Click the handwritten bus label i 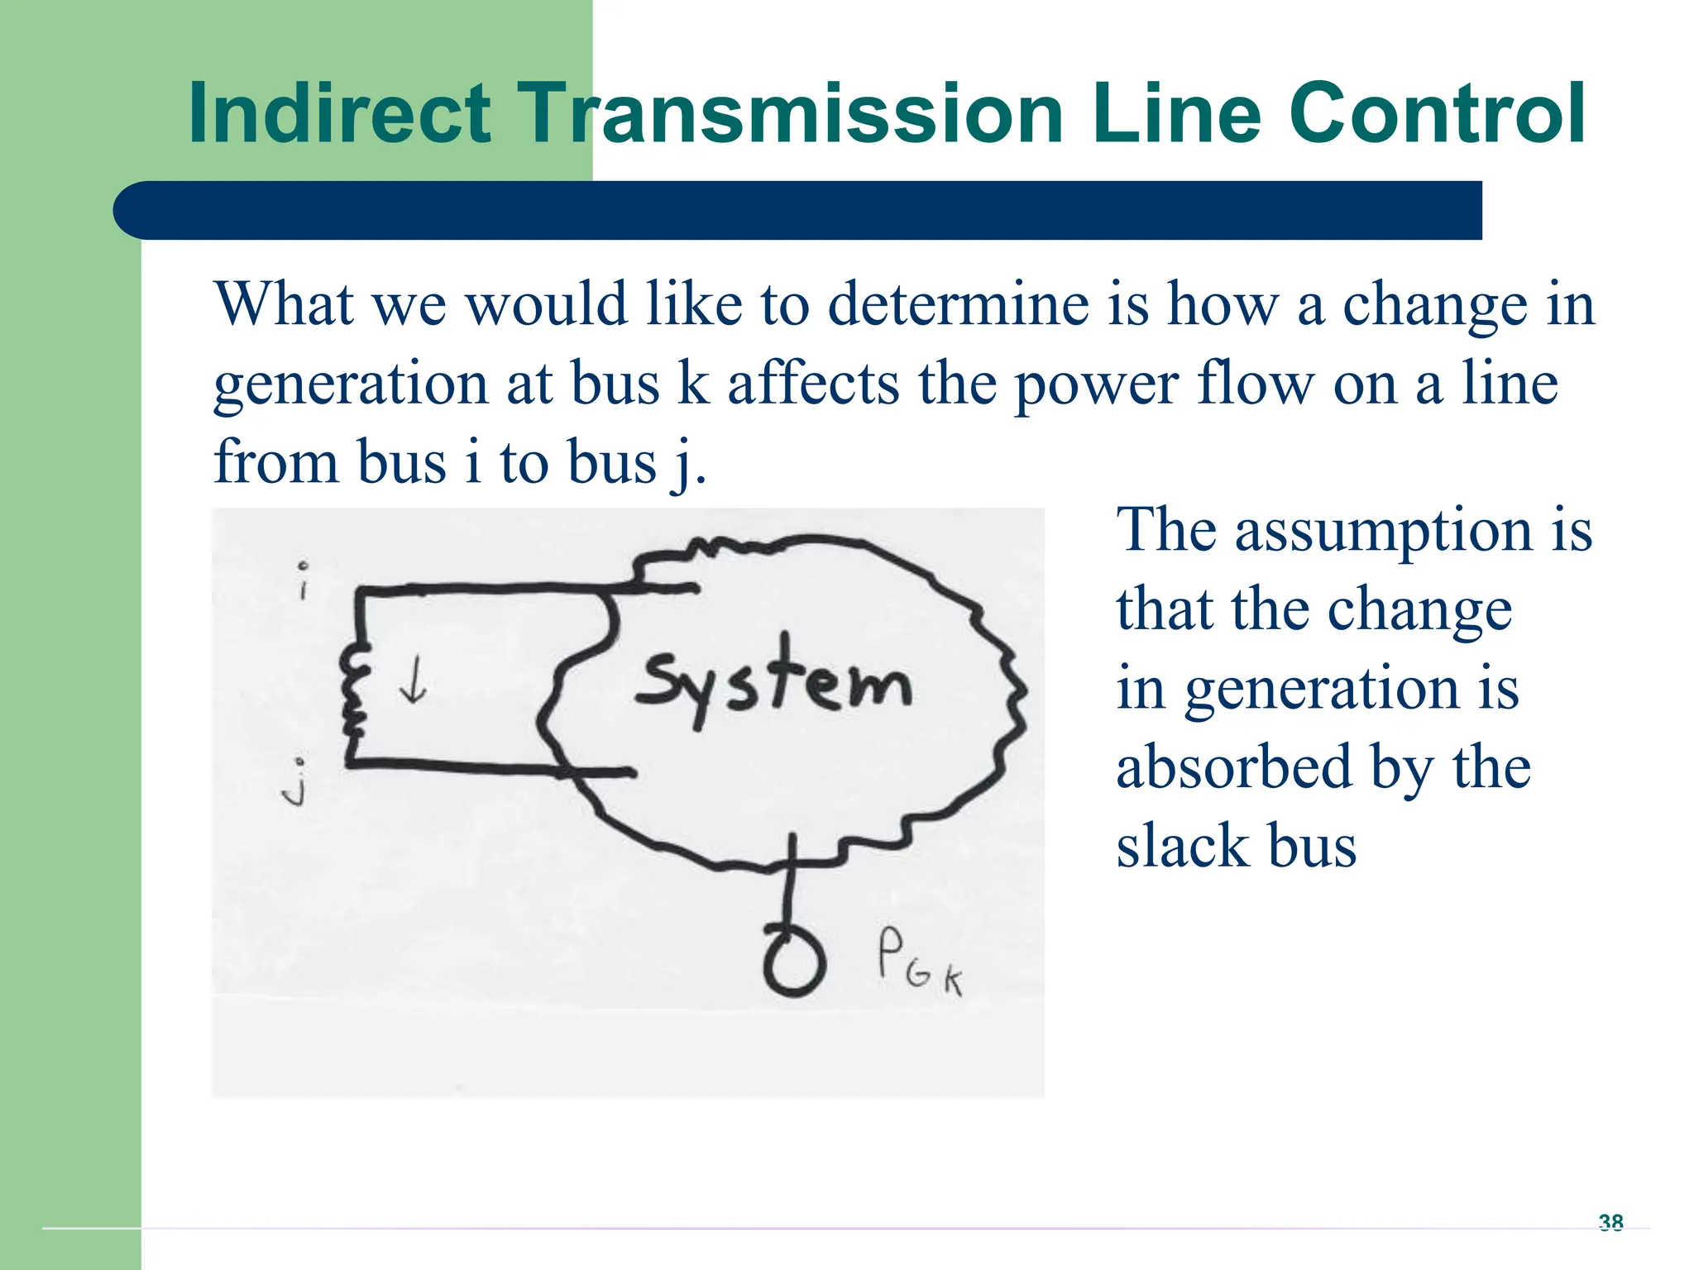click(x=304, y=581)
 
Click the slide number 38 click(x=1610, y=1222)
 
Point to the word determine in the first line click(x=959, y=304)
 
